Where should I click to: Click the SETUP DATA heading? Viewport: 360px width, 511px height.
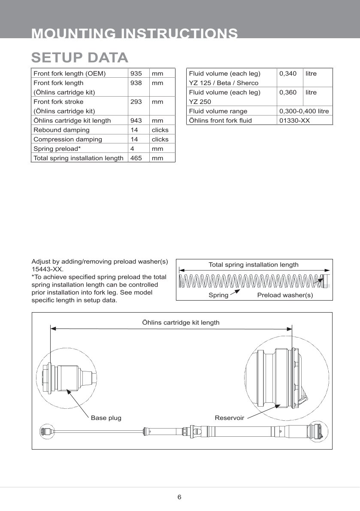pos(80,57)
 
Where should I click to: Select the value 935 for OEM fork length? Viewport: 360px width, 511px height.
pos(136,73)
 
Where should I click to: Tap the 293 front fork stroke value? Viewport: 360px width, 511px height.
pos(136,102)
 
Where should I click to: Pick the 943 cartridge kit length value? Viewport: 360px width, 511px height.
pos(136,121)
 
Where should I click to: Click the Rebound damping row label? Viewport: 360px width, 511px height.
pos(61,130)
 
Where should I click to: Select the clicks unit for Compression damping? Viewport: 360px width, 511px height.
pos(160,139)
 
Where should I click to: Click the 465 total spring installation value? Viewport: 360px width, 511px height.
pos(136,158)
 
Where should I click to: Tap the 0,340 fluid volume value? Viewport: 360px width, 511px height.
pos(288,73)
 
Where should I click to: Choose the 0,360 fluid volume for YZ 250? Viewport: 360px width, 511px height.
pos(288,92)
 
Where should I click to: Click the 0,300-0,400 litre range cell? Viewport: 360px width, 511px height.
pos(304,111)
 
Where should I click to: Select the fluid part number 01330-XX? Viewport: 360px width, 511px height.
pos(294,121)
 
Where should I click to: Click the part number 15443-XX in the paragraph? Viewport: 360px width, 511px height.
pos(47,269)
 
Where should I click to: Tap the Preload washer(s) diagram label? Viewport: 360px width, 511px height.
pos(285,295)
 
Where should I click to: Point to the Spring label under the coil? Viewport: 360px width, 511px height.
pos(218,295)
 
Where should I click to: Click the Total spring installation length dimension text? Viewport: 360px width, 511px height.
pos(253,265)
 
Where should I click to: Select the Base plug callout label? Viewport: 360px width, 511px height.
pos(106,418)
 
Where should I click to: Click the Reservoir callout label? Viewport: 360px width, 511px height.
pos(229,418)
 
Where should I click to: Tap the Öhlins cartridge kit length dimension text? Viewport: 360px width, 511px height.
pos(181,322)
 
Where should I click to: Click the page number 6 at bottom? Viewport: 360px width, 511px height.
pos(179,497)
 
